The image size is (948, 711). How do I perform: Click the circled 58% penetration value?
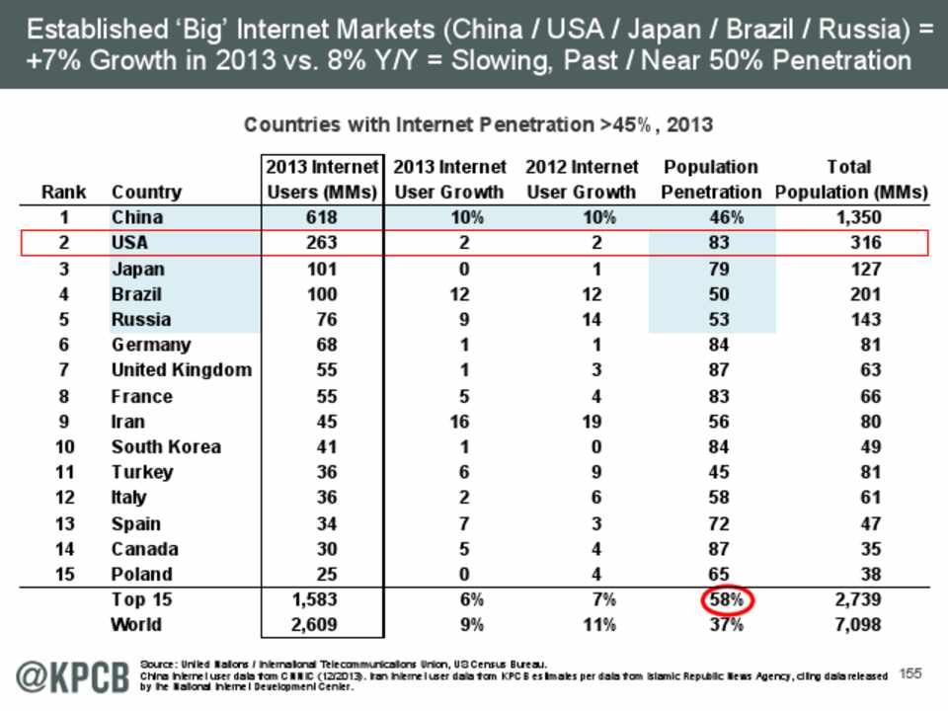click(728, 599)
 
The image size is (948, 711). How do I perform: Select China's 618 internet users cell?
click(322, 217)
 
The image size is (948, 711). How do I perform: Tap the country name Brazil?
click(136, 294)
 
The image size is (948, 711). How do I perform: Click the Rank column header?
click(63, 192)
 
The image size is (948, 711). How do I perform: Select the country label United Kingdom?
click(182, 370)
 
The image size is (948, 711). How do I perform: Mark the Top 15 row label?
click(141, 598)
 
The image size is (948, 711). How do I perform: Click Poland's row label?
click(141, 575)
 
